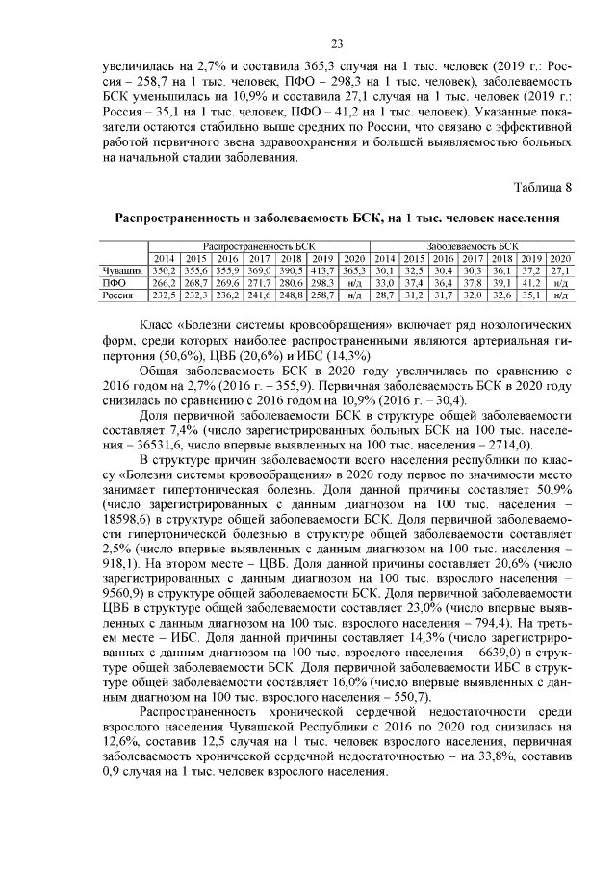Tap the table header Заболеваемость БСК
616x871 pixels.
pyautogui.click(x=472, y=247)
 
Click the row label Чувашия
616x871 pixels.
pyautogui.click(x=122, y=272)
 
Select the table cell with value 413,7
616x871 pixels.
pyautogui.click(x=321, y=272)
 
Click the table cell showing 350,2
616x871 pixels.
pyautogui.click(x=164, y=272)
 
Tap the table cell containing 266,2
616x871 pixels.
pyautogui.click(x=164, y=284)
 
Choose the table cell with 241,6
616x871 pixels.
pyautogui.click(x=259, y=296)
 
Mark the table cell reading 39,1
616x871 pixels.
pyautogui.click(x=501, y=284)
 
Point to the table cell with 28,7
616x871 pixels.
pyautogui.click(x=385, y=296)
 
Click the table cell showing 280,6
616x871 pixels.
pyautogui.click(x=290, y=284)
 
